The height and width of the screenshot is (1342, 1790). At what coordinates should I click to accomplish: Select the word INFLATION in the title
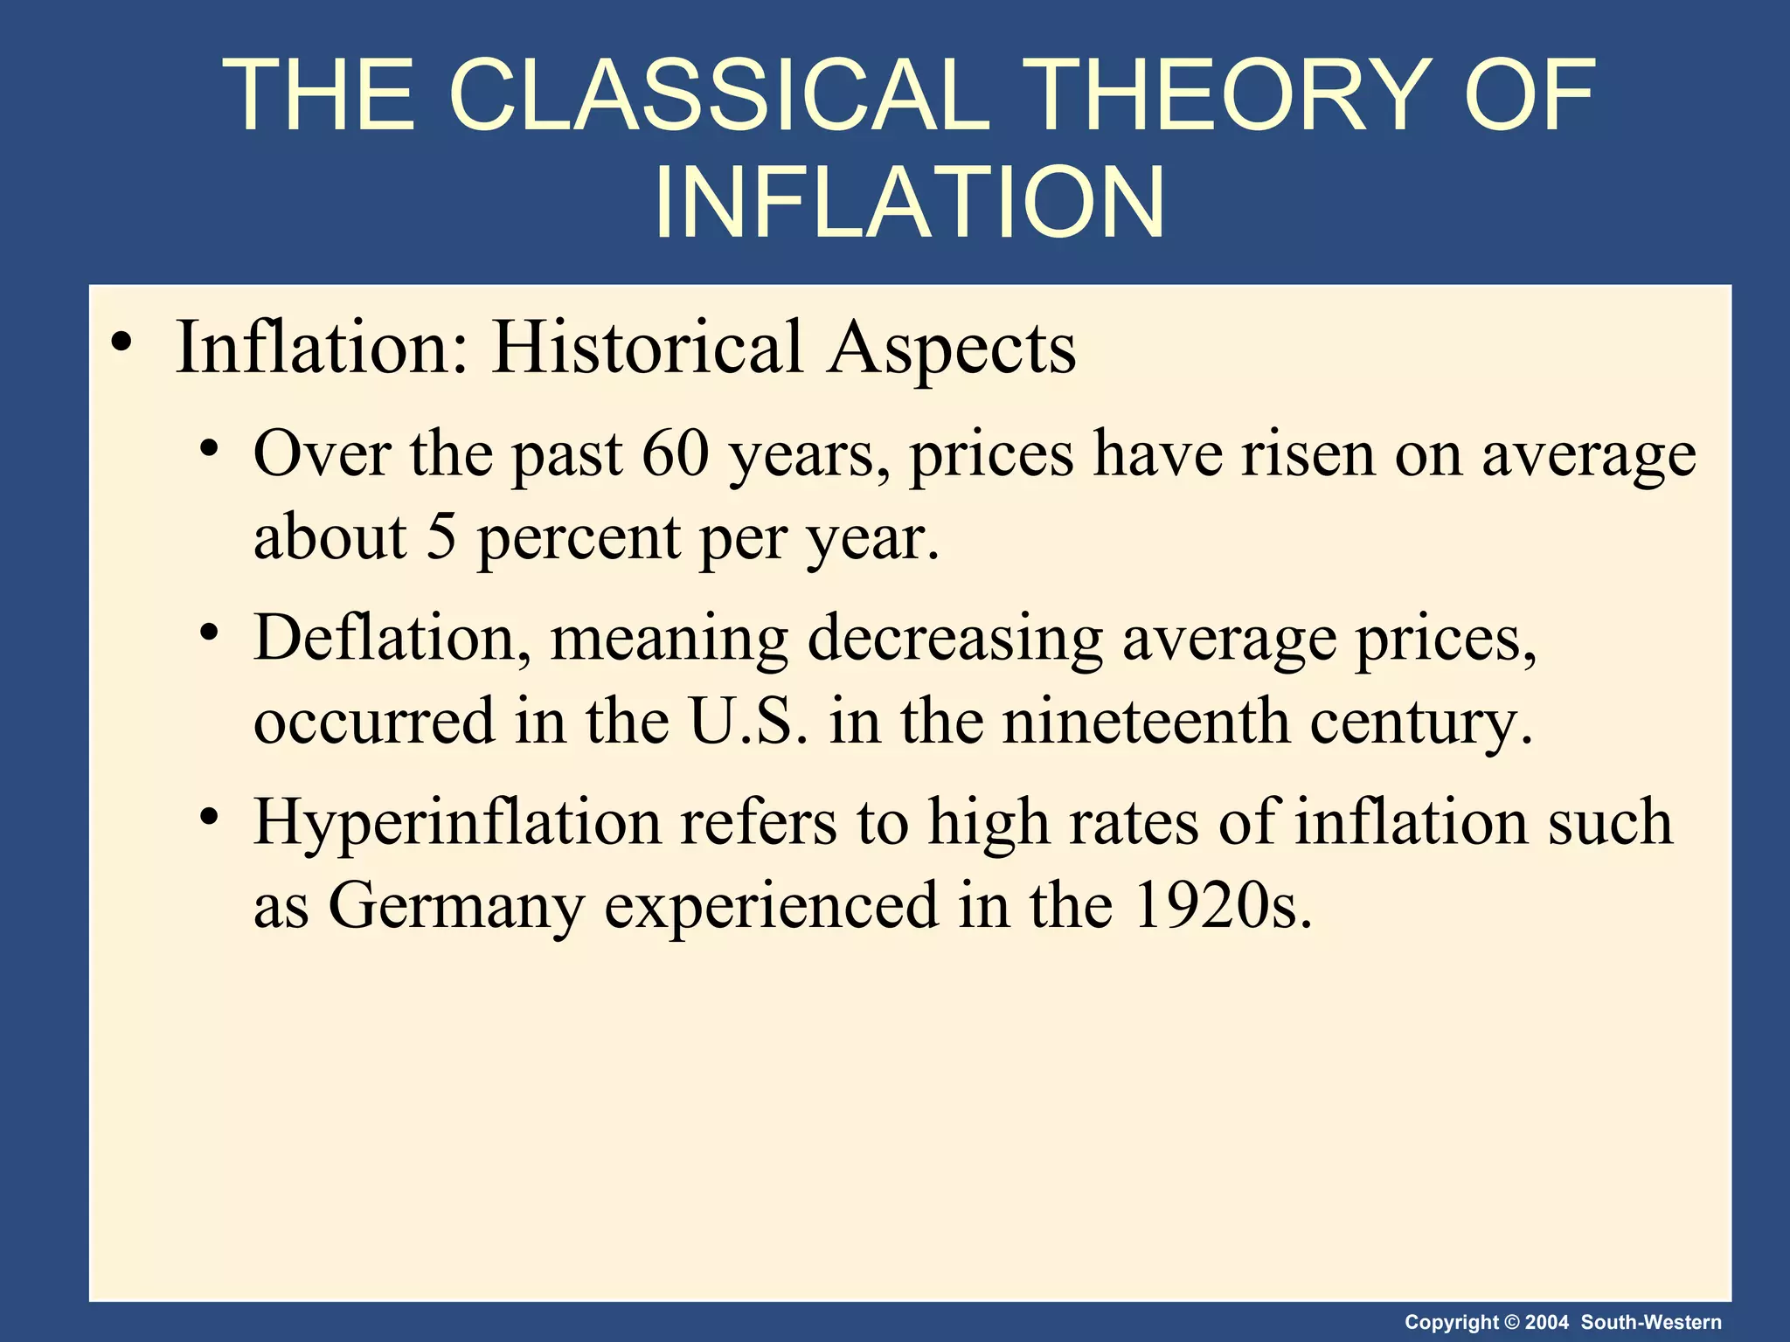click(909, 203)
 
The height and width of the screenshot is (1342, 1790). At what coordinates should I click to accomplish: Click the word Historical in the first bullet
click(647, 347)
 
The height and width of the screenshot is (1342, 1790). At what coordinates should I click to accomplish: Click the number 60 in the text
click(675, 453)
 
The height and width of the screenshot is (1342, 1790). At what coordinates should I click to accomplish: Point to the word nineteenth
click(1146, 721)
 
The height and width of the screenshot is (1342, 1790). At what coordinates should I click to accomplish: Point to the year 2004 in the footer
click(1546, 1322)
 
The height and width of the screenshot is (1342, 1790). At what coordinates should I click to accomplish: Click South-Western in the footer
click(1651, 1322)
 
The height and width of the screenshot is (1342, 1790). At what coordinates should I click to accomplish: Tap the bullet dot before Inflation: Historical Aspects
click(121, 342)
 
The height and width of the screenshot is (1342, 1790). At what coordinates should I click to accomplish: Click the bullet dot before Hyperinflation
click(208, 818)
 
